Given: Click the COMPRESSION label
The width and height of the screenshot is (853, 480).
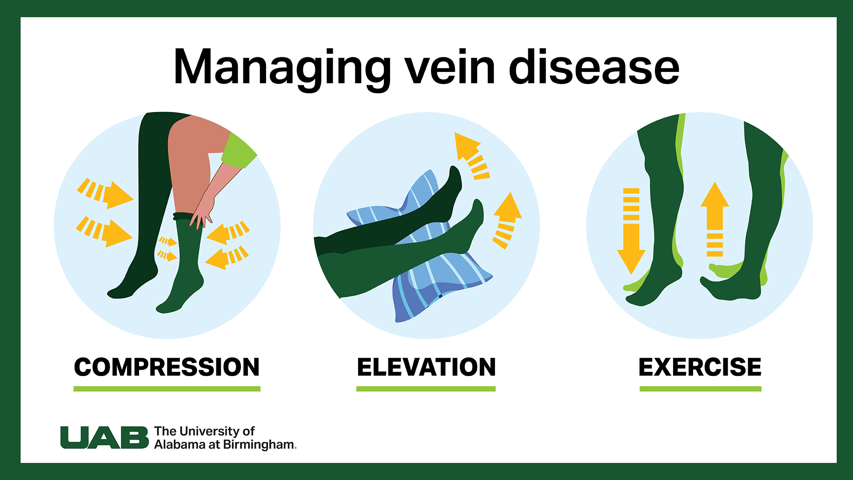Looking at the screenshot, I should [x=167, y=367].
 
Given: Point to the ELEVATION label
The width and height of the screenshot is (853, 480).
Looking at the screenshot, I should [x=426, y=367].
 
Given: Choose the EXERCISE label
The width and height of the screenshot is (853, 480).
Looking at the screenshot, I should [x=700, y=367].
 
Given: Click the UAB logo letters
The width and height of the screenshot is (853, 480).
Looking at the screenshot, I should [x=104, y=438].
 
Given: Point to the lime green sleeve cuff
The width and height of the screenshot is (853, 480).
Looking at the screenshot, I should [x=239, y=150].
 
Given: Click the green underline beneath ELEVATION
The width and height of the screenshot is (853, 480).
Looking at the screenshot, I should [x=426, y=389].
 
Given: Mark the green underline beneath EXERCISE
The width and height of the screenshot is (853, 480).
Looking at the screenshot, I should [x=700, y=389].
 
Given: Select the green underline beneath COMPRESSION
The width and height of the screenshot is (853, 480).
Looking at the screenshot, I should [x=167, y=389].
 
